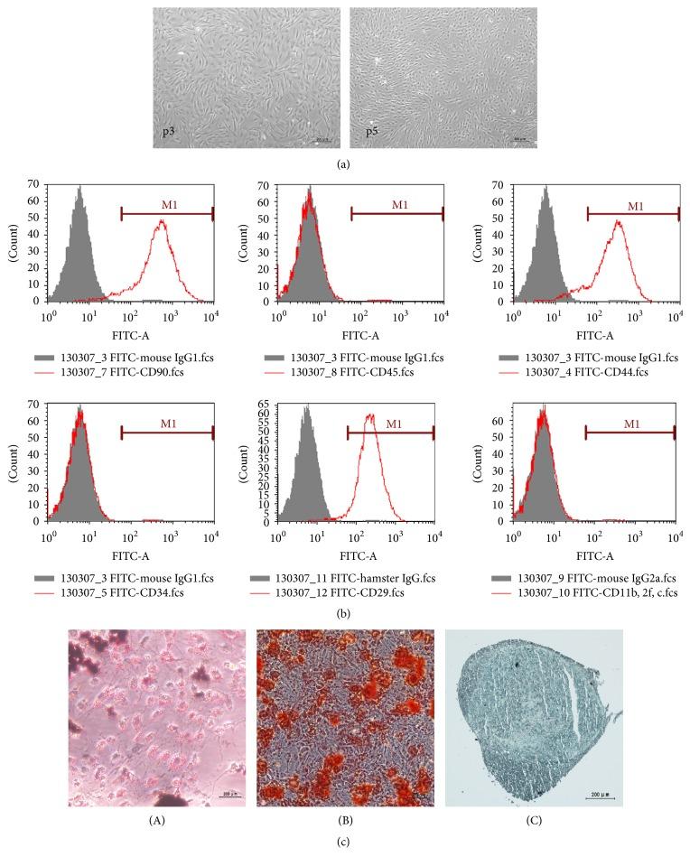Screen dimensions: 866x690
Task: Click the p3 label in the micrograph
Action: pos(169,132)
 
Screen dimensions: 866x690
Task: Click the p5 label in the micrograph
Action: pos(371,132)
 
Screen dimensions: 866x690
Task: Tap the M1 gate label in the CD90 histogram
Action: pos(169,206)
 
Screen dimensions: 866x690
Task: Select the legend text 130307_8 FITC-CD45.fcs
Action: pos(367,371)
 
